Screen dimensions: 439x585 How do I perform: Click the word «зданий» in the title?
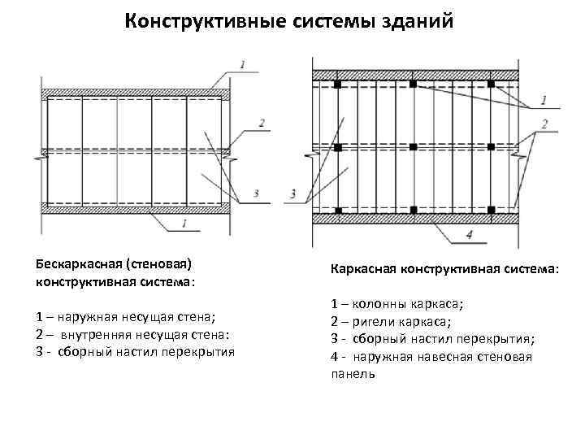(x=418, y=22)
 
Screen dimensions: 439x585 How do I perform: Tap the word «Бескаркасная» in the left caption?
(x=74, y=264)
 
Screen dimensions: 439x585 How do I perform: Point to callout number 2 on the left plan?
(x=262, y=124)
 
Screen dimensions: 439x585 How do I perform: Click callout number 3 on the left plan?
(x=256, y=193)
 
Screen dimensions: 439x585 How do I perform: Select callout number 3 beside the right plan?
(x=292, y=193)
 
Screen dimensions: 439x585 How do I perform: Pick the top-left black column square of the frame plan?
(x=336, y=84)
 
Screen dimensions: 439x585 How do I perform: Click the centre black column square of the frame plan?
(x=414, y=147)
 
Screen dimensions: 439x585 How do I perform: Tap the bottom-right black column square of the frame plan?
(x=492, y=210)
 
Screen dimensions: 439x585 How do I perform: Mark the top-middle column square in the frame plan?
(x=414, y=84)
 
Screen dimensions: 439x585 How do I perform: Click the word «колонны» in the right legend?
(x=381, y=306)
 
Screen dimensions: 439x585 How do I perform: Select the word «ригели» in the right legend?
(x=376, y=322)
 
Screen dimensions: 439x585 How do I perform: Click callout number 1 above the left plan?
(x=244, y=62)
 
